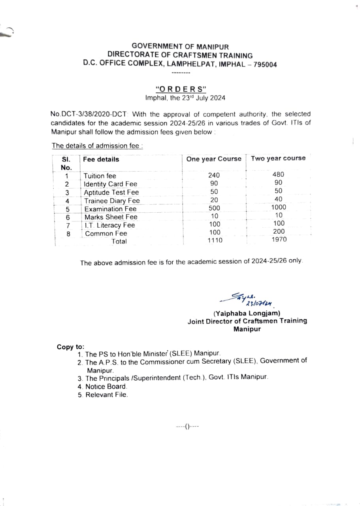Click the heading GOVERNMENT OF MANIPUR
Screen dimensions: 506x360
coord(180,47)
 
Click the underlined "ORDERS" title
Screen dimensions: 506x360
coord(181,89)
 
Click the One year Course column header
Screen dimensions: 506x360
coord(213,159)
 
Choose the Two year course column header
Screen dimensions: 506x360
coord(278,158)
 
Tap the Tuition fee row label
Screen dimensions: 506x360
coord(100,176)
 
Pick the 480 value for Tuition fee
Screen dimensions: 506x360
coord(278,174)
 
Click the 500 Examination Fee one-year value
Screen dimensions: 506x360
coord(214,208)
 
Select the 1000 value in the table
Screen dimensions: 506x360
coord(279,207)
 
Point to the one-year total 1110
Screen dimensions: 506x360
coord(215,240)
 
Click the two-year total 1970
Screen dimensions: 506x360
coord(279,240)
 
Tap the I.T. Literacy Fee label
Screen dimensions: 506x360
coord(109,225)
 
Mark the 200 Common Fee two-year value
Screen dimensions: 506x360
coord(279,231)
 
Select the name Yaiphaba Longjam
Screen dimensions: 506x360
coord(247,313)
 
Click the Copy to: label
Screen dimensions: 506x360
coord(70,347)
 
